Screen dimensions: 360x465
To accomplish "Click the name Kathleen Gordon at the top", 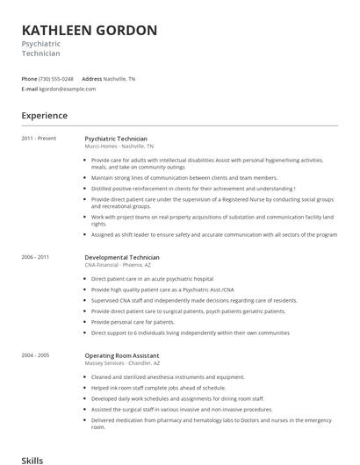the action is [x=90, y=30].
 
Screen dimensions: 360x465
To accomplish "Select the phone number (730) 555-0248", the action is [x=57, y=78].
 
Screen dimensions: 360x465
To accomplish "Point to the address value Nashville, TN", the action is [x=119, y=78].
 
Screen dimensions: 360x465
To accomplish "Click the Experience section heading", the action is [x=45, y=114].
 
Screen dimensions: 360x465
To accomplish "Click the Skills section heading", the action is [x=33, y=459].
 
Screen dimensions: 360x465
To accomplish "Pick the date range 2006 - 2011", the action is [x=36, y=257].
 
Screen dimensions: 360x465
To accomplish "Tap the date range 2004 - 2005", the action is [x=36, y=355].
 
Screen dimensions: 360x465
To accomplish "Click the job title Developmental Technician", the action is [x=122, y=257].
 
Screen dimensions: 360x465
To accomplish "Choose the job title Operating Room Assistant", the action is [x=122, y=355].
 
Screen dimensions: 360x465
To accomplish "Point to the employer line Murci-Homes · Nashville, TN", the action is [x=119, y=146].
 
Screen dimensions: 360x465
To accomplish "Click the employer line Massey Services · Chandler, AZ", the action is [x=122, y=362].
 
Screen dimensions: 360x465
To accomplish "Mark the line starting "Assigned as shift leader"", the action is [x=213, y=234].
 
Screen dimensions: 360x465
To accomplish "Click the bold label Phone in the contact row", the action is [x=29, y=78].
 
